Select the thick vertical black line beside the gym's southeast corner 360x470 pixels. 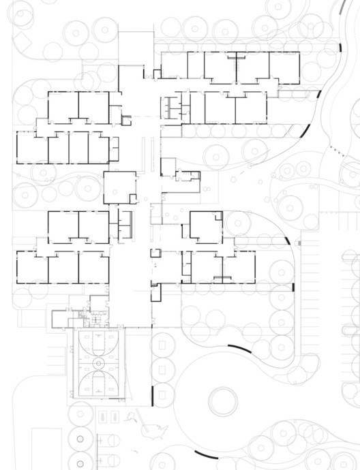coord(151,395)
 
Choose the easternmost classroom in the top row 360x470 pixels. coord(284,67)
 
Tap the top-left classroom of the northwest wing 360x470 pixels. coord(63,106)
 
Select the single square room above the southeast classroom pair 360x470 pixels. coord(206,227)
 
